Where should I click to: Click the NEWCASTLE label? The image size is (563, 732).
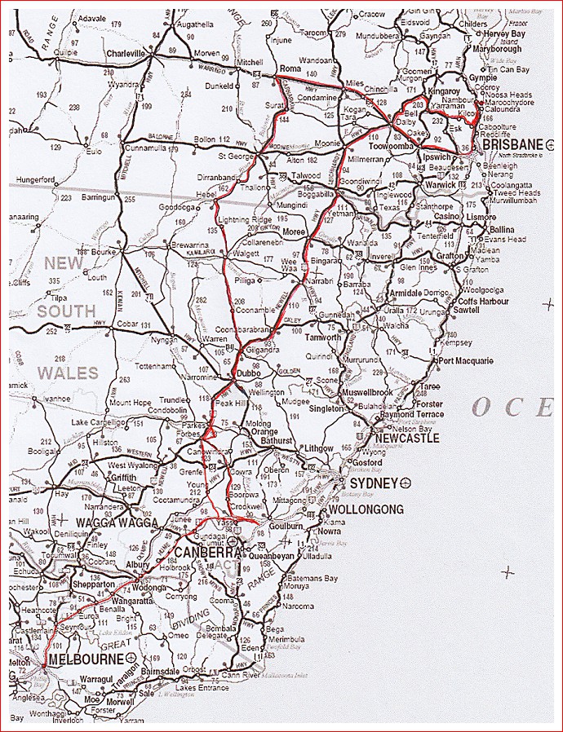(x=409, y=438)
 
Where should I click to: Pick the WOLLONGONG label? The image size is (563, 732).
(x=366, y=509)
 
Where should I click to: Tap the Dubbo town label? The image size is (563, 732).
(x=247, y=374)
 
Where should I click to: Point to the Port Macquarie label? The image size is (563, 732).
(x=466, y=360)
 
